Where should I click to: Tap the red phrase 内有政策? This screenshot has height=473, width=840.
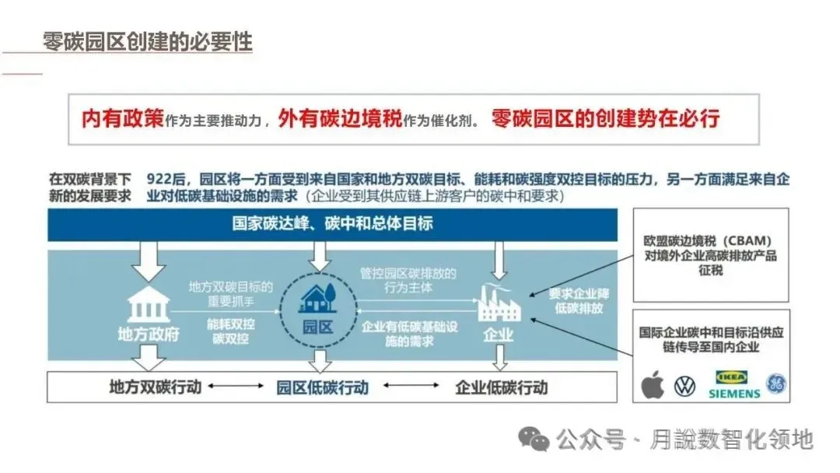pos(123,119)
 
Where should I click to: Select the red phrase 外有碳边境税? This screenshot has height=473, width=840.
pos(339,119)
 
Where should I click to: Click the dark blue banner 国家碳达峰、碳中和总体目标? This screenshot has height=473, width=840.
pos(332,224)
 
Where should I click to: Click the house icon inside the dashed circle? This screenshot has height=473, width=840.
pos(316,297)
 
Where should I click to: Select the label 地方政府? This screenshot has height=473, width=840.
pos(148,335)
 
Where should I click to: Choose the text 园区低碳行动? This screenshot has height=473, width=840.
pos(322,387)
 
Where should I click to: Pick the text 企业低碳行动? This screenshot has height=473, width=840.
pos(501,387)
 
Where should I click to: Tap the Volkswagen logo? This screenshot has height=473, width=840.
pos(684,384)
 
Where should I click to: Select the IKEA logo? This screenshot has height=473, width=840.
pos(732,376)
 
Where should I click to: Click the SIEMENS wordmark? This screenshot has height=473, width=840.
pos(733,394)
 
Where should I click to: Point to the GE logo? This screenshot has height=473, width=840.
pos(775,384)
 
